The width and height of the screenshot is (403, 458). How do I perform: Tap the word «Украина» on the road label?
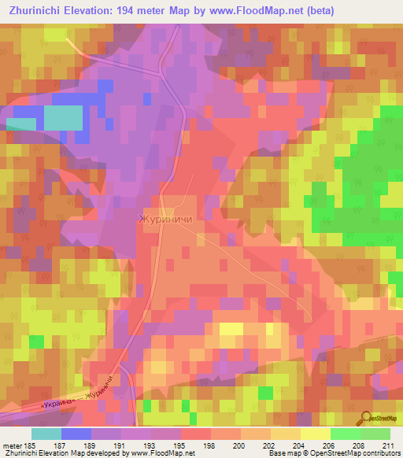[61, 399]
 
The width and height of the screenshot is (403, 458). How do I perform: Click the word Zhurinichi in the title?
[36, 11]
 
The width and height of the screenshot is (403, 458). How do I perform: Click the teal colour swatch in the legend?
[46, 434]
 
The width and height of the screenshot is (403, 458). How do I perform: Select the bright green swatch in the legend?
[346, 434]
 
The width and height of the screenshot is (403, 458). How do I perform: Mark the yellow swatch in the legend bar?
[316, 434]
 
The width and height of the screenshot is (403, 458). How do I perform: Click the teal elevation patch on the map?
[62, 118]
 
